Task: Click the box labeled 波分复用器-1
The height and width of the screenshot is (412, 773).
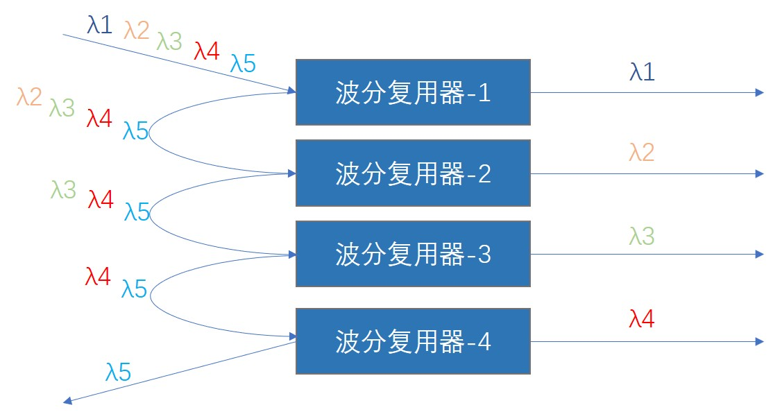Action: coord(413,92)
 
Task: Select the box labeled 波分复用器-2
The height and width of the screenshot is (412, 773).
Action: coord(413,173)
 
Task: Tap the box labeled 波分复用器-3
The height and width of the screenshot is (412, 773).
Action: coord(413,254)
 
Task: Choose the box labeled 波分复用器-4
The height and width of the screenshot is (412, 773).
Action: coord(413,341)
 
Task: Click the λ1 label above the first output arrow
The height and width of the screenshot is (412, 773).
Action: coord(642,72)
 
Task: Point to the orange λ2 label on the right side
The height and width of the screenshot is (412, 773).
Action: coord(642,153)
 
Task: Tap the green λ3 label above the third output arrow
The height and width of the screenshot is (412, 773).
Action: coord(642,236)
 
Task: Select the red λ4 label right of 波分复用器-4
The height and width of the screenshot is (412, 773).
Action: coord(642,319)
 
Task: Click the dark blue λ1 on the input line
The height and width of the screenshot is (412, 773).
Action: coord(100,24)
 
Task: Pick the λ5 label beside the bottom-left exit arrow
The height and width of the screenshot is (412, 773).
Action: coord(119,372)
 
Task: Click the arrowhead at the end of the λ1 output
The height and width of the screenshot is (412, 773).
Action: coord(760,93)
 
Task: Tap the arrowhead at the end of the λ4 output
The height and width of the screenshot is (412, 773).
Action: coord(760,341)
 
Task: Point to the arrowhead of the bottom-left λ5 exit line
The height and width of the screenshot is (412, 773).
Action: coord(68,401)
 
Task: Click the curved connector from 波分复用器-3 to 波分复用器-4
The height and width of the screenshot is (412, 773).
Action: coord(151,295)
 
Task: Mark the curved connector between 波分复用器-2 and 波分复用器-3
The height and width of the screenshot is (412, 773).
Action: coord(150,214)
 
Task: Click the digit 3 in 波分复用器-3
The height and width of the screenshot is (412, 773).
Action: coord(484,255)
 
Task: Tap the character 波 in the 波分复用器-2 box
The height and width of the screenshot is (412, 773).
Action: coord(348,173)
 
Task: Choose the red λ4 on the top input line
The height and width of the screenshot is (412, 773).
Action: coord(207,51)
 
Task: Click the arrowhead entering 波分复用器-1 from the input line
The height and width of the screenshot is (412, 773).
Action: coord(291,91)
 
